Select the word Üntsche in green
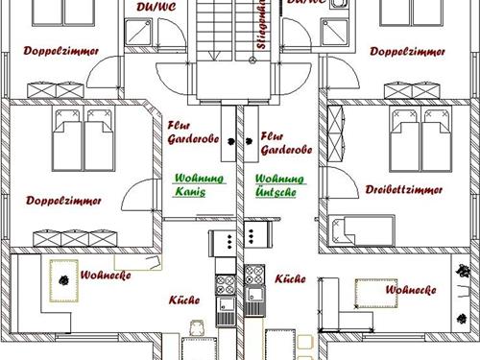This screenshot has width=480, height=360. pos(277,192)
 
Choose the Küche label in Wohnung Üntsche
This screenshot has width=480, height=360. pos(289,278)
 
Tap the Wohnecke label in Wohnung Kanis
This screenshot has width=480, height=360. pos(100,276)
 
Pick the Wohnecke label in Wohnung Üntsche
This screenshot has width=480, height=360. pos(410,289)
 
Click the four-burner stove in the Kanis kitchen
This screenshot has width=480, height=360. pos(226,285)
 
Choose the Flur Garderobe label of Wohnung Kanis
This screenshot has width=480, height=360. pos(193,132)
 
